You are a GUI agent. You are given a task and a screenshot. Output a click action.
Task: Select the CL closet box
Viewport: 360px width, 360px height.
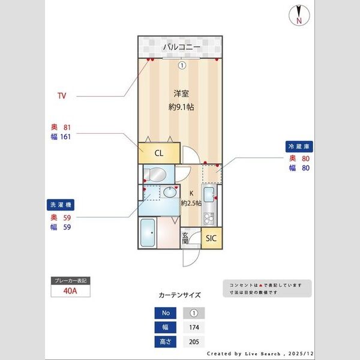tap(159, 153)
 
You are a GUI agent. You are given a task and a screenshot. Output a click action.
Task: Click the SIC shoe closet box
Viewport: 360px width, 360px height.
tap(211, 238)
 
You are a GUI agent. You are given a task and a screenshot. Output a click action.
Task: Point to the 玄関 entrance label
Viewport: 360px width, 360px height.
tap(185, 238)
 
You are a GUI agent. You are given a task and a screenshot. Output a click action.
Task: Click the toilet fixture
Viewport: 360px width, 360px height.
tap(155, 175)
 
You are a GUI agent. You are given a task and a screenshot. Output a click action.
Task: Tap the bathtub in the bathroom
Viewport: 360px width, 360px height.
tap(148, 234)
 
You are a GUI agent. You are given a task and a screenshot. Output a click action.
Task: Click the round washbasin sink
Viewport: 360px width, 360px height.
tap(170, 194)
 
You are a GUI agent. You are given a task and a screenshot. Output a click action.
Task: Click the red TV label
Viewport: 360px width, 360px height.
tap(62, 96)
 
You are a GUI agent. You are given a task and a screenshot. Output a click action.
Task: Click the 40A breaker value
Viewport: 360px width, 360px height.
tap(71, 292)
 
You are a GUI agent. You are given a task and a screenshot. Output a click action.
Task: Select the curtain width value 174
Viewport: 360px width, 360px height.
tap(193, 328)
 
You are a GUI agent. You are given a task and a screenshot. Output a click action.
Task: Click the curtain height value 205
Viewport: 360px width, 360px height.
tap(193, 341)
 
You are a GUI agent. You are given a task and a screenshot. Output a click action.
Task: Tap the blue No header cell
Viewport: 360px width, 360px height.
tap(165, 313)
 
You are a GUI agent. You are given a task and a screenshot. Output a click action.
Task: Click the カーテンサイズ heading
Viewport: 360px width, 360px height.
tap(179, 295)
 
